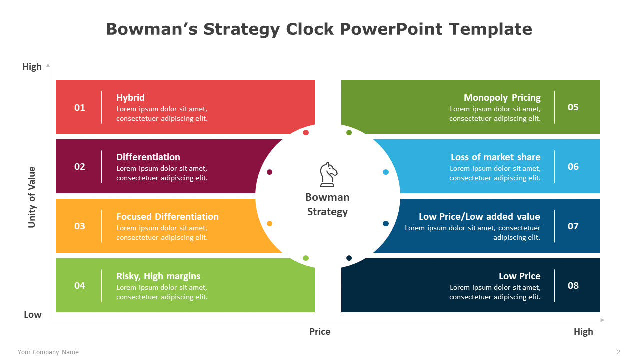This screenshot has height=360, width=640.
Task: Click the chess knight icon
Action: point(328,175)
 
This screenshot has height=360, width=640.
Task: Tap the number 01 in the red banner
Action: point(79,107)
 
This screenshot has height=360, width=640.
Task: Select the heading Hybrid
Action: point(130,98)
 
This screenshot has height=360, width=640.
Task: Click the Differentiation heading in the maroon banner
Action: point(148,157)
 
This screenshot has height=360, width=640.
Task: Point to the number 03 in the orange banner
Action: point(79,226)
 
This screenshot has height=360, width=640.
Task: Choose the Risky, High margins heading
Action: point(158,276)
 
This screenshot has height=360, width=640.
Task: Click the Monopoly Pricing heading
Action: point(502,98)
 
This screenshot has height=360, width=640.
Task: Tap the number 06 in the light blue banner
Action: point(573,166)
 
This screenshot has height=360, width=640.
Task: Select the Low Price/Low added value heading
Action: point(479,216)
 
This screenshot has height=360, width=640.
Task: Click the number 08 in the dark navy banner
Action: point(573,285)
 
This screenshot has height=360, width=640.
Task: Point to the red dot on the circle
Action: point(306,133)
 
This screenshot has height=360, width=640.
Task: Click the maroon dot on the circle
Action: point(269,172)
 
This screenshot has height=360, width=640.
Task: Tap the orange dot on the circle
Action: point(269,223)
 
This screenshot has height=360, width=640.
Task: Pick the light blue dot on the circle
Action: point(386,172)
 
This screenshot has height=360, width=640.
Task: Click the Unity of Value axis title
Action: point(32,197)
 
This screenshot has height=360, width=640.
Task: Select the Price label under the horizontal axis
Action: point(320,331)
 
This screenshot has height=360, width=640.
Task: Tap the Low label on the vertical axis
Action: point(33,315)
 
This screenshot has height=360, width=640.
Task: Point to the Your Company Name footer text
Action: point(48,352)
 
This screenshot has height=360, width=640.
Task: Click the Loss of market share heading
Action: point(495,157)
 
